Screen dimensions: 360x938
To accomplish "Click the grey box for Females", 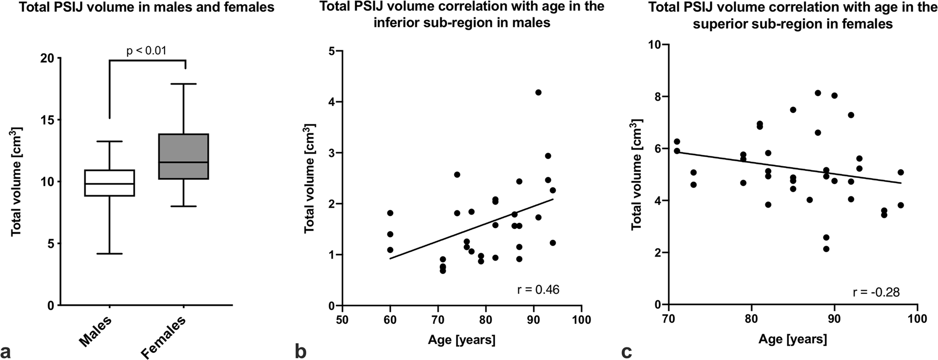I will click(x=183, y=156).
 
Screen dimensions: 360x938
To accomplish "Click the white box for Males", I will click(x=109, y=183).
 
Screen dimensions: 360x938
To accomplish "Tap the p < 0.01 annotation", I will click(x=147, y=50).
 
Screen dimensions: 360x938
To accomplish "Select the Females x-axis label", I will click(x=164, y=337).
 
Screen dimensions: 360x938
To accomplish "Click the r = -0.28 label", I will click(x=876, y=292).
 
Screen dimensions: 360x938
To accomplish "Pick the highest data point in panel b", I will click(x=538, y=92).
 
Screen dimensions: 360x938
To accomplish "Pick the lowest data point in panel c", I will click(x=826, y=249).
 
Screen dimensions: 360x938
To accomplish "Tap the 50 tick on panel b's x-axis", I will click(x=342, y=318).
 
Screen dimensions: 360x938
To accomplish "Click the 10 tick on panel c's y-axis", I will click(x=654, y=45).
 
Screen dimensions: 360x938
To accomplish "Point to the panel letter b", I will click(x=301, y=352).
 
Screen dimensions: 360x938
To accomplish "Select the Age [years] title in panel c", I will click(x=793, y=339).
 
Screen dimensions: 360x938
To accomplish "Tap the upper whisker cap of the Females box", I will click(x=183, y=84).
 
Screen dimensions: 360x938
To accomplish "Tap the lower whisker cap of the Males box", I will click(x=109, y=254).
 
